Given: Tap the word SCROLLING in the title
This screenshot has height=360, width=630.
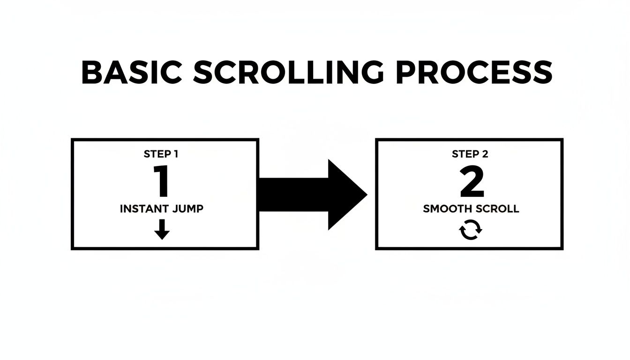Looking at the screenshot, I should coord(287,73).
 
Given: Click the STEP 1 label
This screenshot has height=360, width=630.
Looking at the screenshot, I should coord(162,154).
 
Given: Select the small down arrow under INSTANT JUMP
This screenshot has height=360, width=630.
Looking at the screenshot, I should coord(162,229).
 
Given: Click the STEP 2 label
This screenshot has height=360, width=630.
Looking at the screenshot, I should coord(469,154).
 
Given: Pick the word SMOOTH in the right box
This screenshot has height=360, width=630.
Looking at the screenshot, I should coord(446,209).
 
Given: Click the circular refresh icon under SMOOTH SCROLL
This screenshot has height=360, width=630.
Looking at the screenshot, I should coord(470,231).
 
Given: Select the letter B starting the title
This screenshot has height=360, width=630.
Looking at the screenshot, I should coord(92,73).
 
